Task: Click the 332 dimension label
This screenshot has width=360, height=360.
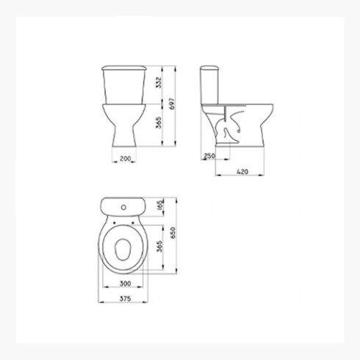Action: click(159, 82)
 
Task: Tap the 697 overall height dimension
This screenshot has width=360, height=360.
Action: click(173, 104)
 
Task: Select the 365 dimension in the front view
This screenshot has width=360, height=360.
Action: click(159, 122)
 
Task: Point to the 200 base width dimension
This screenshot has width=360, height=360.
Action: click(125, 159)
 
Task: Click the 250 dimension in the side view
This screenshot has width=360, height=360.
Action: click(209, 156)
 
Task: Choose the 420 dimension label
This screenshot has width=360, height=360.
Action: click(242, 172)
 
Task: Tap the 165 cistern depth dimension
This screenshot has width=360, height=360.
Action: click(160, 205)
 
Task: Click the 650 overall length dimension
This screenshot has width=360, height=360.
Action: click(173, 233)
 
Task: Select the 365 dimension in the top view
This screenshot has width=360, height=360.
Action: click(159, 246)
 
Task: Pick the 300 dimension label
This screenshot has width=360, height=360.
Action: click(125, 284)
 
